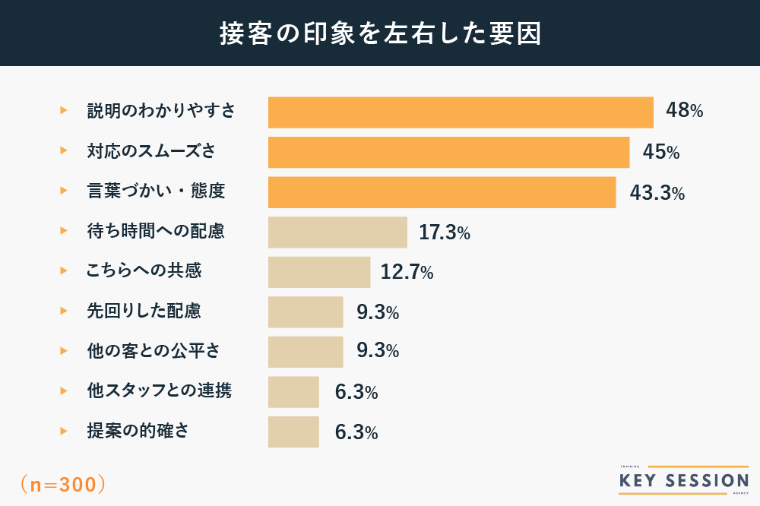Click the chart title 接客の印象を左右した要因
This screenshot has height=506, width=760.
click(x=380, y=34)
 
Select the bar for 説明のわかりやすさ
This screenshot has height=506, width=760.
click(x=461, y=112)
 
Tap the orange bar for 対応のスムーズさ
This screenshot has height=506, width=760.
click(x=448, y=152)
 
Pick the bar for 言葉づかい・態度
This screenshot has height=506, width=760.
click(x=442, y=192)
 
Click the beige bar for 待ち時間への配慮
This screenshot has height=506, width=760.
click(x=337, y=232)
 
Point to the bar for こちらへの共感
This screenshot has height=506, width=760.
click(x=319, y=272)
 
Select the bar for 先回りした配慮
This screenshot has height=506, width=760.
click(x=306, y=312)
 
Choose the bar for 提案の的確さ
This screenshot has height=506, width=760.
click(x=293, y=432)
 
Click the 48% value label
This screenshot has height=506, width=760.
click(x=684, y=111)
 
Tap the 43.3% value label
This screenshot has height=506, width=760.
click(x=657, y=193)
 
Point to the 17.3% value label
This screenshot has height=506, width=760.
click(x=444, y=232)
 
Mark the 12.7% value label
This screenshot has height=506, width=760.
click(x=407, y=272)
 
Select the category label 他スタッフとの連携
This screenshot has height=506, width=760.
click(x=160, y=391)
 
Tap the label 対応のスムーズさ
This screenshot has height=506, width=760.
click(x=151, y=151)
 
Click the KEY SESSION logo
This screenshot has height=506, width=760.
click(x=683, y=480)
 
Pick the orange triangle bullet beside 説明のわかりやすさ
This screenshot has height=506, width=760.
click(x=64, y=111)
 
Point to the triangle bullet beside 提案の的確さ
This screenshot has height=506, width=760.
click(x=64, y=431)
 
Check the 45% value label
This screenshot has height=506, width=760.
click(x=660, y=152)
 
